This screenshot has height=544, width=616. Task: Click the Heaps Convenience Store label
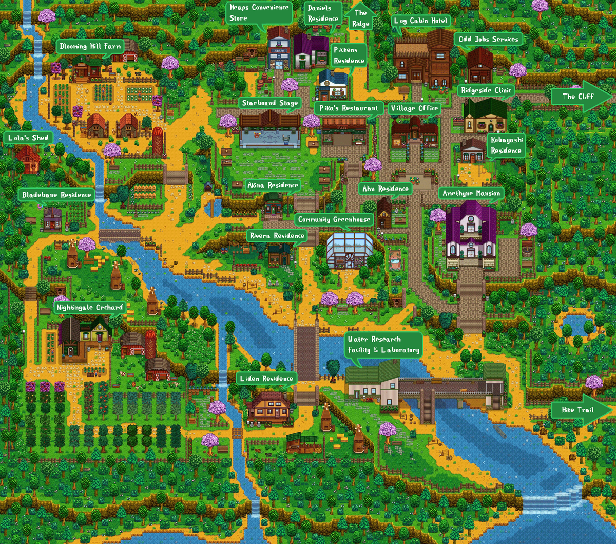[x=258, y=13]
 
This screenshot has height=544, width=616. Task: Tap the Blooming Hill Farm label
[x=90, y=47]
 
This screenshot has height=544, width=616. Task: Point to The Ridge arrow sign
[x=360, y=18]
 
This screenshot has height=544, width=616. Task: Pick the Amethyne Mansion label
[x=471, y=194]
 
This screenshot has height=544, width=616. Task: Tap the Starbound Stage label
[x=269, y=103]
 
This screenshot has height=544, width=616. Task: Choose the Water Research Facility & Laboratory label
[x=383, y=345]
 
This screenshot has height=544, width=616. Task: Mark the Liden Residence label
[x=266, y=379]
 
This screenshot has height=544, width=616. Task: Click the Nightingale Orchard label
[x=90, y=308]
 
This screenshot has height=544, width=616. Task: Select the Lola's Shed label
[x=28, y=138]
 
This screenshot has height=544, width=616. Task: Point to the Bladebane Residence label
[x=56, y=195]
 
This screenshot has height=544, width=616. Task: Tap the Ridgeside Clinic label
[x=486, y=90]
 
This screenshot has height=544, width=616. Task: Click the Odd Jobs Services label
[x=487, y=39]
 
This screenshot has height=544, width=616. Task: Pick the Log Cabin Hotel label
[x=421, y=21]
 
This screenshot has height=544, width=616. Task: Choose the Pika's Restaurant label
[x=349, y=108]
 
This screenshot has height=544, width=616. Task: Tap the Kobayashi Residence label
[x=506, y=145]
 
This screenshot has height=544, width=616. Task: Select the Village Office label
[x=414, y=108]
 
